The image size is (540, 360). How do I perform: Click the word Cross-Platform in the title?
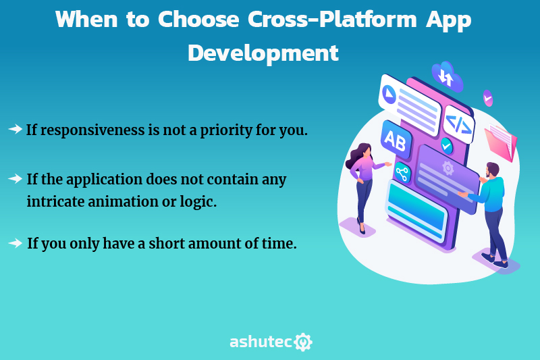pyautogui.click(x=332, y=20)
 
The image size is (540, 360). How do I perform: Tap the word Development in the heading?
pyautogui.click(x=263, y=53)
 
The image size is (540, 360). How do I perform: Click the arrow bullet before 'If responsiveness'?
pyautogui.click(x=15, y=129)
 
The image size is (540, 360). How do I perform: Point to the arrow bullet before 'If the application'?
pyautogui.click(x=15, y=178)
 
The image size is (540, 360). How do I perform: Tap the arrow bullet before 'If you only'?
pyautogui.click(x=15, y=243)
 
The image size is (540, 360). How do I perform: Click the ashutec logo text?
pyautogui.click(x=261, y=342)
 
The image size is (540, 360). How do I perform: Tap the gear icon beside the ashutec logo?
pyautogui.click(x=303, y=342)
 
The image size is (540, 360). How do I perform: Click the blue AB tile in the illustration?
pyautogui.click(x=396, y=140)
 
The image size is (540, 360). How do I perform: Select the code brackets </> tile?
pyautogui.click(x=458, y=124)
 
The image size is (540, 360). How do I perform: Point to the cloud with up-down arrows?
pyautogui.click(x=447, y=77)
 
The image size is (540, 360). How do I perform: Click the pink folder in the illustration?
pyautogui.click(x=501, y=143)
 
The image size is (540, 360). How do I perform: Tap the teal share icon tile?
pyautogui.click(x=402, y=172)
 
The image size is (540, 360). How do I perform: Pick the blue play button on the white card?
pyautogui.click(x=389, y=94)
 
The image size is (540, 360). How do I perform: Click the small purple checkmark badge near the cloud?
pyautogui.click(x=487, y=99)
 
